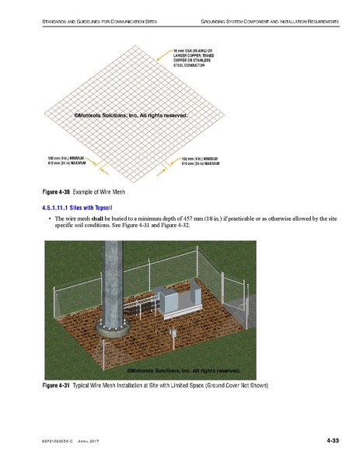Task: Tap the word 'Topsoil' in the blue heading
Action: (103, 208)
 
